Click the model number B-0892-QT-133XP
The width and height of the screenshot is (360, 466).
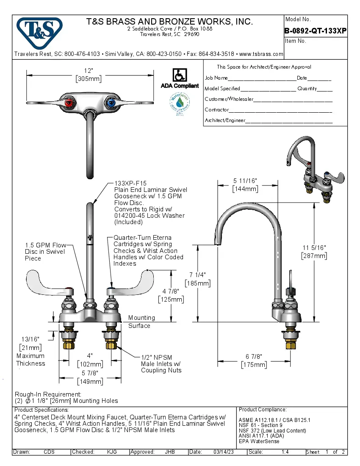point(316,31)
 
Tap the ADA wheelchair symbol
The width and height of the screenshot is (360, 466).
point(179,75)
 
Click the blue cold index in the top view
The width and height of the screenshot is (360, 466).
point(111,103)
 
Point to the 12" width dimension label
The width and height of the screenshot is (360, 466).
point(89,70)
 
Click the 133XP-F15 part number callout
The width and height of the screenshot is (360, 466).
point(130,183)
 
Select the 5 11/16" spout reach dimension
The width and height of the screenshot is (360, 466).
point(245,181)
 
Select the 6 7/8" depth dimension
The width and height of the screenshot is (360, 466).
point(254,357)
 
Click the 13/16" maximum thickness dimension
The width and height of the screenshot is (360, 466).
point(30,339)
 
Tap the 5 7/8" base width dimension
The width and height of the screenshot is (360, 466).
point(90,373)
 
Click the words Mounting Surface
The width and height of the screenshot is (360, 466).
point(141,322)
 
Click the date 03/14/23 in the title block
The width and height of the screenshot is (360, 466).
point(225,452)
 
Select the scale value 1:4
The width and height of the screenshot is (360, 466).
point(285,452)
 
